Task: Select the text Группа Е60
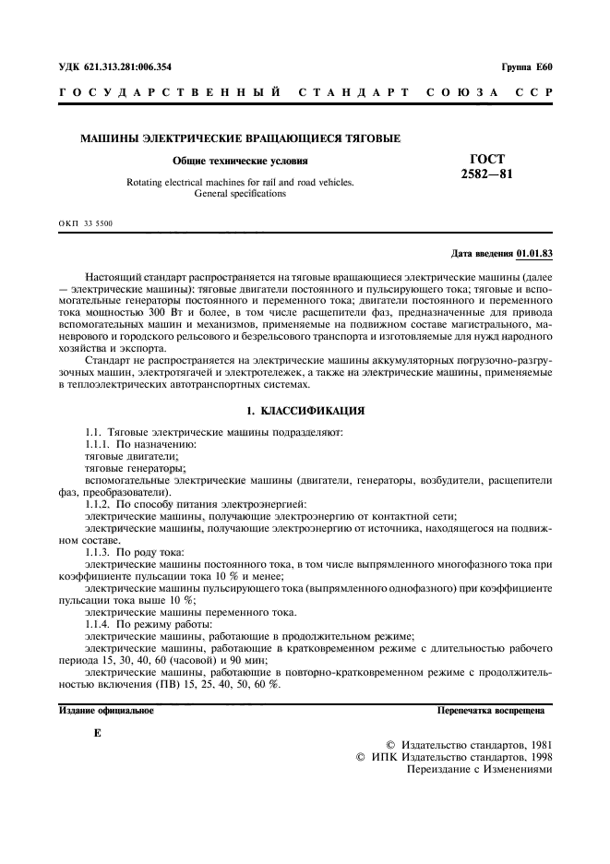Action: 526,67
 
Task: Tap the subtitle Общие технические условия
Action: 240,161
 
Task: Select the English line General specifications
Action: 240,194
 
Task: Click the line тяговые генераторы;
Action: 122,468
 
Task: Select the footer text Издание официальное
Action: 106,711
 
